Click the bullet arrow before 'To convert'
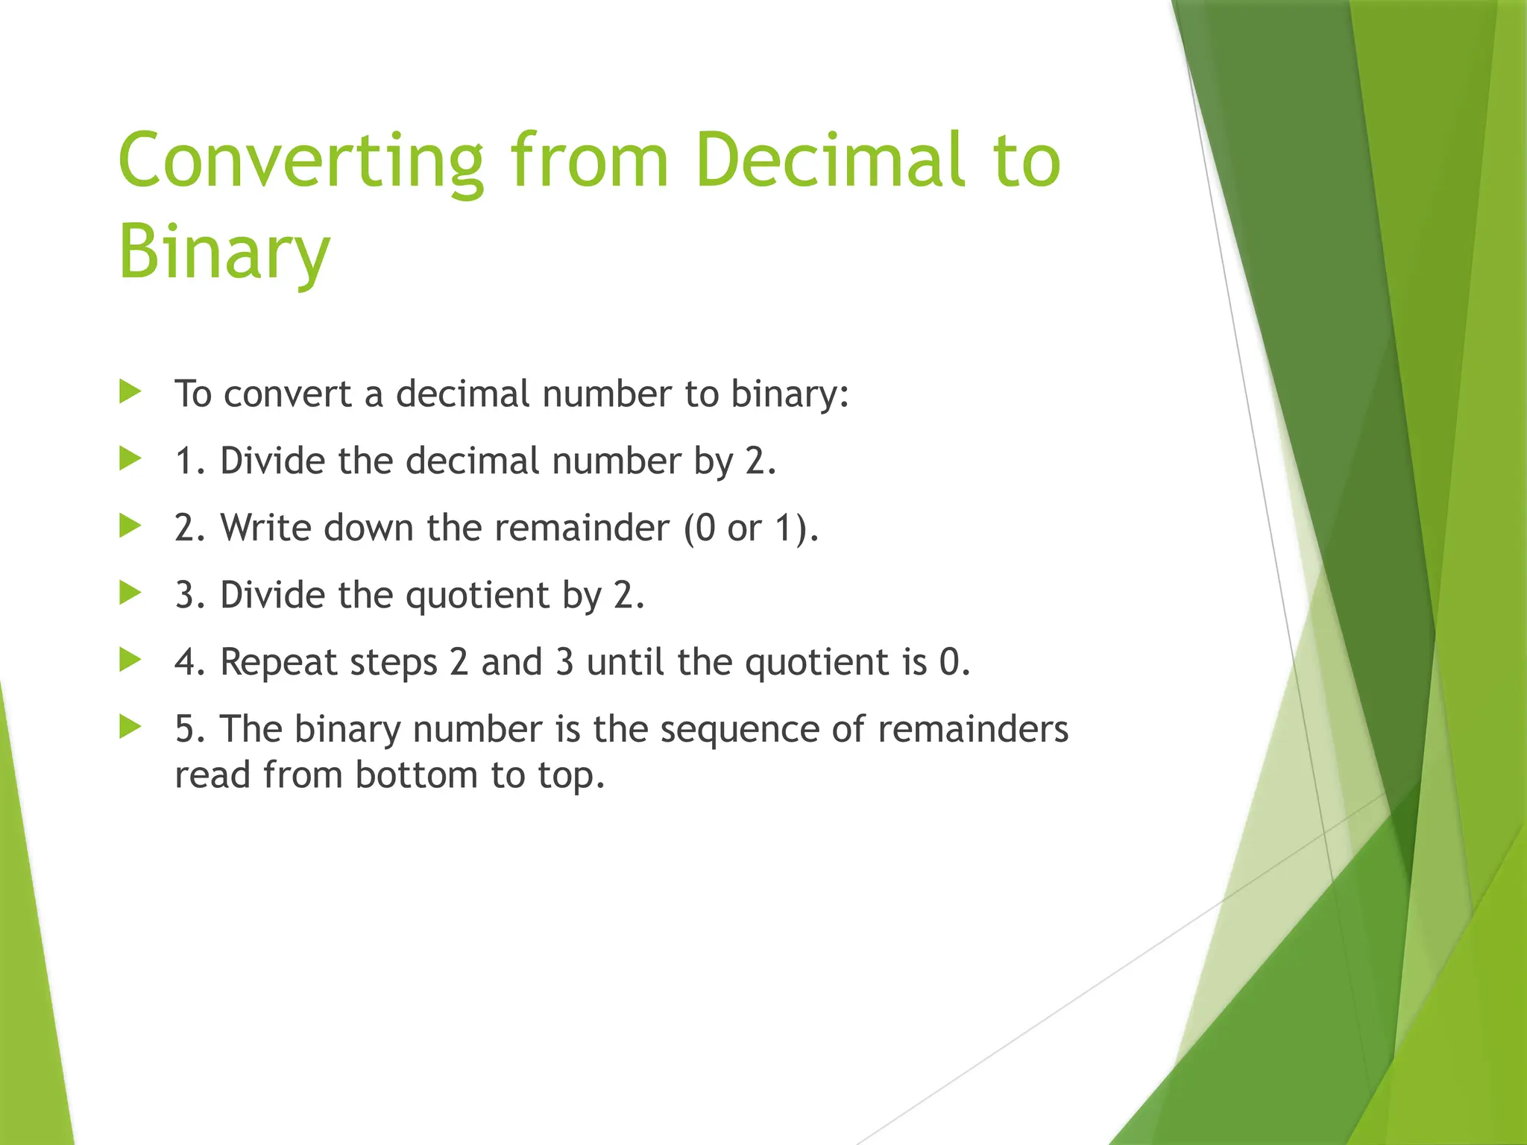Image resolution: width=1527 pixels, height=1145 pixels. pyautogui.click(x=130, y=392)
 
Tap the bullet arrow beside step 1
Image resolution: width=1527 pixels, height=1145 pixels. pyautogui.click(x=130, y=459)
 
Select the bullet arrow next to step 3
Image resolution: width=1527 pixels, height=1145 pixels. pyautogui.click(x=130, y=593)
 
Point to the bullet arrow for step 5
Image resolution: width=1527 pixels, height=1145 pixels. pyautogui.click(x=130, y=728)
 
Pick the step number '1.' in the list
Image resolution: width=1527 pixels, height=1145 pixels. pyautogui.click(x=191, y=461)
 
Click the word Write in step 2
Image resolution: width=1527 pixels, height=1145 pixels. pyautogui.click(x=265, y=528)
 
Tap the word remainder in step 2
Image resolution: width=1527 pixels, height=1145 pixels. pyautogui.click(x=582, y=528)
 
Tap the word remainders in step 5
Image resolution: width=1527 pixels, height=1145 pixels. pyautogui.click(x=973, y=729)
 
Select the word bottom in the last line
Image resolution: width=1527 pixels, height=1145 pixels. pyautogui.click(x=416, y=775)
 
